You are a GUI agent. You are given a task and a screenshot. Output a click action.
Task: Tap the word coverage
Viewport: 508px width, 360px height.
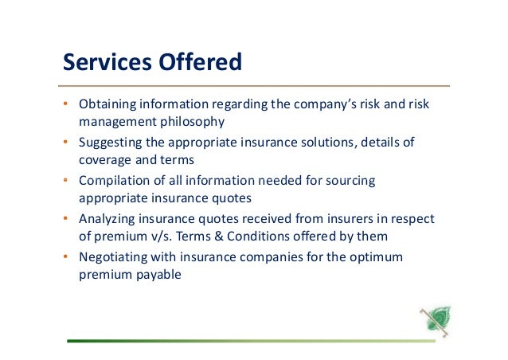pos(104,159)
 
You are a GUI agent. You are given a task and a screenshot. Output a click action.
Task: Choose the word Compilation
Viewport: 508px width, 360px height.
pos(113,181)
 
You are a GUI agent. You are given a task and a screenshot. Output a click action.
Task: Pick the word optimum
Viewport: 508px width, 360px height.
pos(377,256)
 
